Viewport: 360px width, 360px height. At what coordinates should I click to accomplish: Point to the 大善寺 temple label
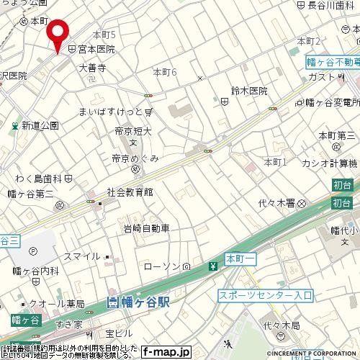[92, 68]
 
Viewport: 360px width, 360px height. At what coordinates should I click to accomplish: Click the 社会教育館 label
[130, 192]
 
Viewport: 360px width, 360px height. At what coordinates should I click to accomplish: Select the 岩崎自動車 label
[146, 228]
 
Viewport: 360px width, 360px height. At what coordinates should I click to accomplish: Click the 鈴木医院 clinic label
[249, 91]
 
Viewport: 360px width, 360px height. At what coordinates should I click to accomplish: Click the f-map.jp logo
[165, 353]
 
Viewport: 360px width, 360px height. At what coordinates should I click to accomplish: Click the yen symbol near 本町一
[213, 266]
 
